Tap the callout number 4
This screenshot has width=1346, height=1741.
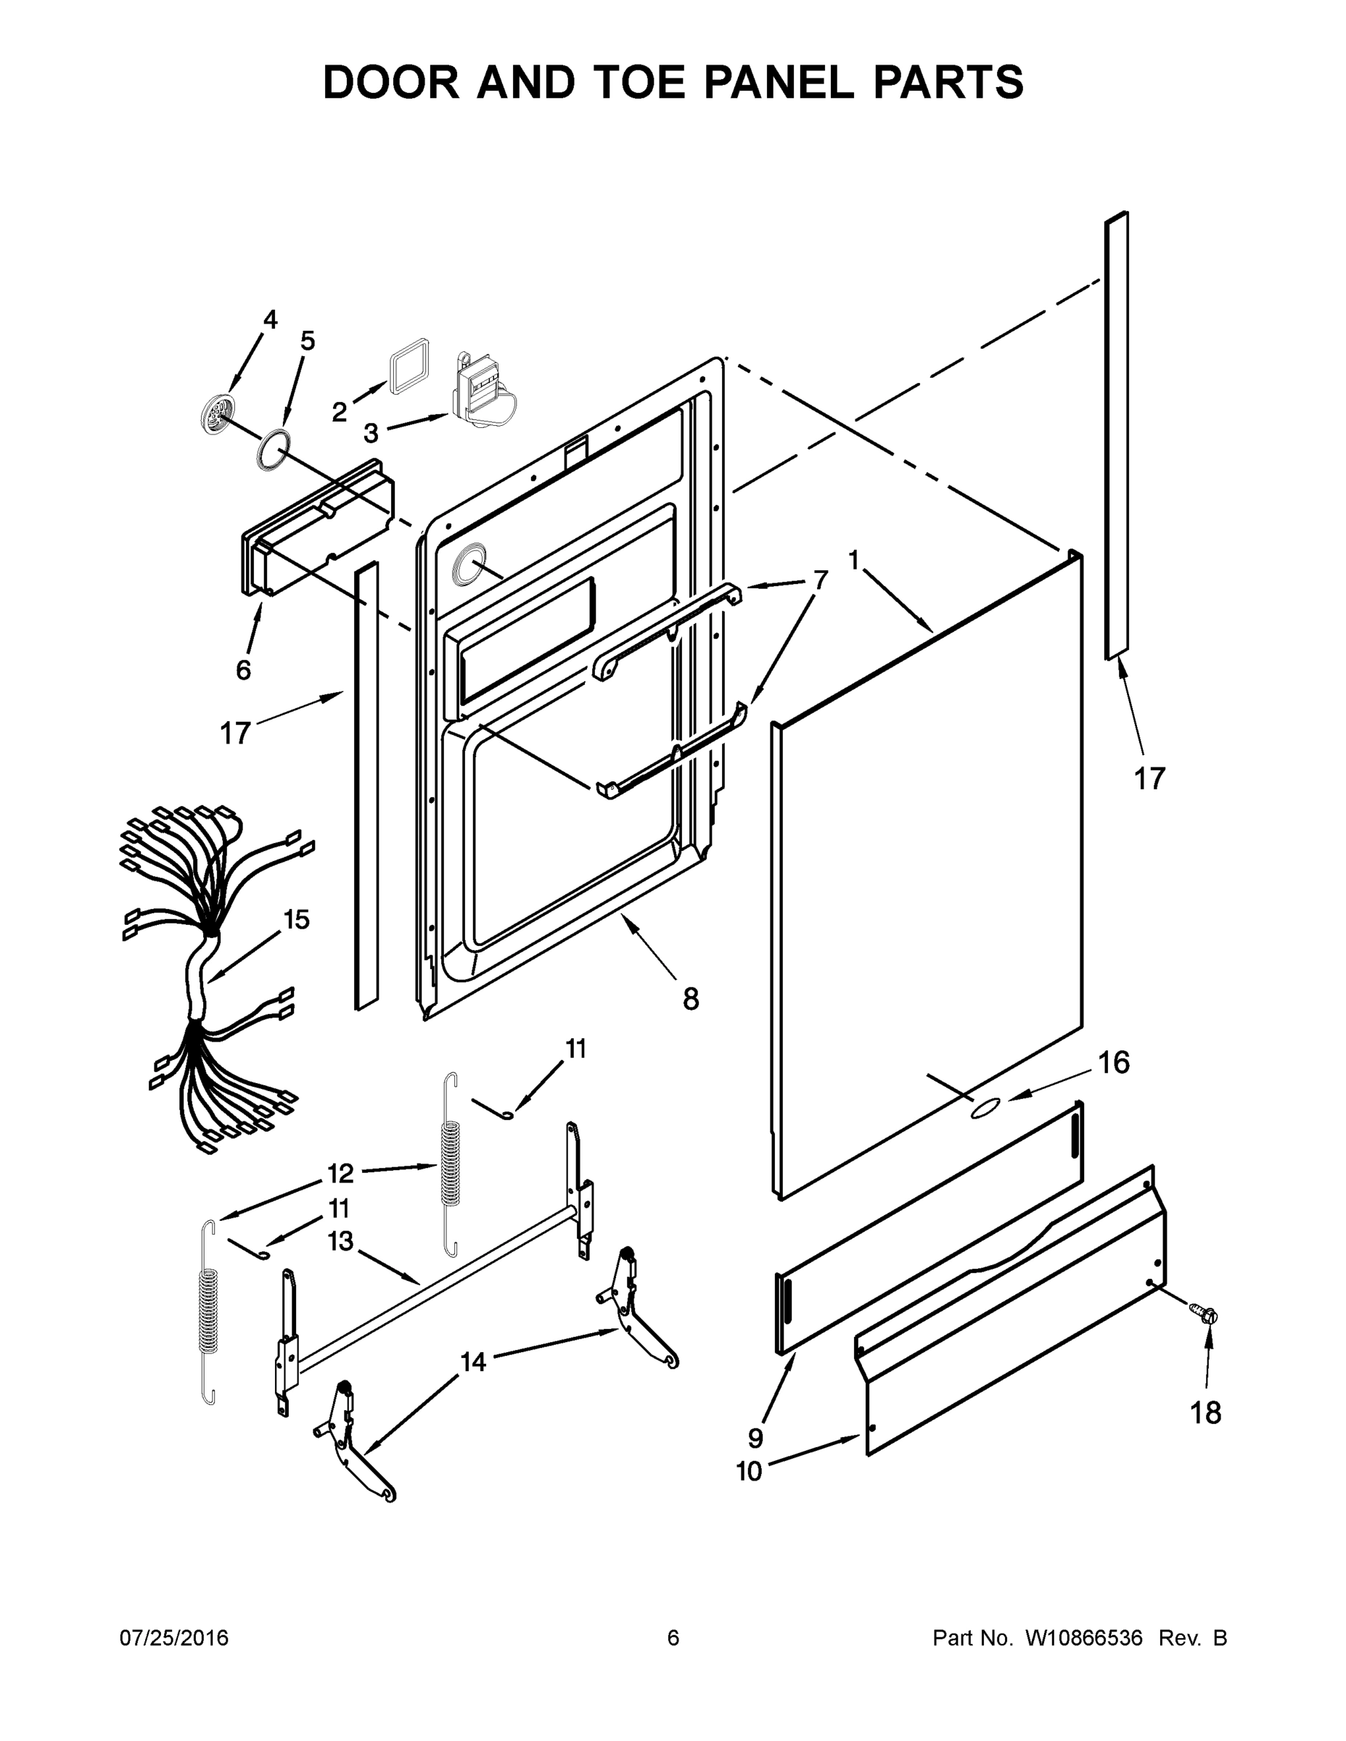pyautogui.click(x=271, y=320)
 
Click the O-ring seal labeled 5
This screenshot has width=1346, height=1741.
pyautogui.click(x=273, y=449)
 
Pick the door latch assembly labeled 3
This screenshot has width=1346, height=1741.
pyautogui.click(x=483, y=390)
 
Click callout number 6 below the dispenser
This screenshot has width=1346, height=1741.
pyautogui.click(x=243, y=670)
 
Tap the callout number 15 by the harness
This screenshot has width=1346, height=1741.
pyautogui.click(x=296, y=919)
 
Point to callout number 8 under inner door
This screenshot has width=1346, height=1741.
pyautogui.click(x=691, y=998)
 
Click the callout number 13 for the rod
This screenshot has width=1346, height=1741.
pyautogui.click(x=340, y=1241)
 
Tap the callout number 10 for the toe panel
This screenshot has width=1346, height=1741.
pyautogui.click(x=750, y=1470)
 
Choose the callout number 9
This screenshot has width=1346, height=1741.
pyautogui.click(x=755, y=1437)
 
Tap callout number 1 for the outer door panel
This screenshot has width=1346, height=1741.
pyautogui.click(x=853, y=561)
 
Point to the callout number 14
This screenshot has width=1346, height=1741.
pyautogui.click(x=474, y=1362)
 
